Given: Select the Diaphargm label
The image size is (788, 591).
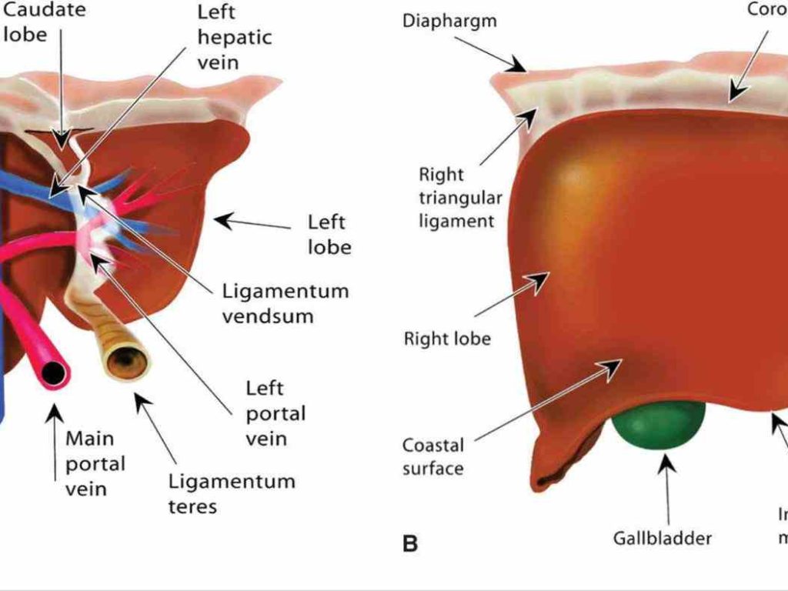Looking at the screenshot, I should tap(449, 21).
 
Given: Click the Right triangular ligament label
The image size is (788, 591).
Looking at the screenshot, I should tap(460, 198).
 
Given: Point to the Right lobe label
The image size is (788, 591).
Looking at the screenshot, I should tap(447, 339).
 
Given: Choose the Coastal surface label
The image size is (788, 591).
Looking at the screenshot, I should tap(433, 456).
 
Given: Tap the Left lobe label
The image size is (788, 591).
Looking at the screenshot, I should tap(329, 235).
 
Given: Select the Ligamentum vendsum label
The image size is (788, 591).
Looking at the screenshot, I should tap(285, 303).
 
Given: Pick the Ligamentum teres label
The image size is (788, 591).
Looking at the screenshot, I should tap(232, 494).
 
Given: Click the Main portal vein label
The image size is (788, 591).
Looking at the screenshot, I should tap(95, 463).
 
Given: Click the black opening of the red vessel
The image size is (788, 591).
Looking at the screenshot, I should tap(52, 373).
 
